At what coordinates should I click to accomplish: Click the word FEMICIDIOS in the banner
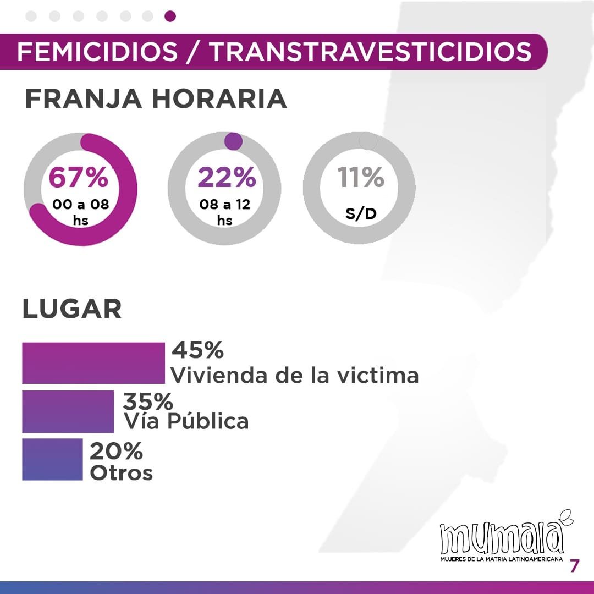98,52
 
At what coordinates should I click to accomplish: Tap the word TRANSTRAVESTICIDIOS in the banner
371,52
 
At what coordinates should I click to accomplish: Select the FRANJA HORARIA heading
156,99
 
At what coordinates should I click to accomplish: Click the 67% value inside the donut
79,178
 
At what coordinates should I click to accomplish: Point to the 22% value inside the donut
227,178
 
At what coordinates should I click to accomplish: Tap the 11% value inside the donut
361,178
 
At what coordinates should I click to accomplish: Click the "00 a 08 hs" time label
80,212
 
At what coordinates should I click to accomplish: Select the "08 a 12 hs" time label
224,212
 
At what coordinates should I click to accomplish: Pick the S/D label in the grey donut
361,213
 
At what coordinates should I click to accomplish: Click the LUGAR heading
71,309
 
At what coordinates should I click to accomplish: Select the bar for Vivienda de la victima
94,363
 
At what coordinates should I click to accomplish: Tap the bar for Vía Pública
68,411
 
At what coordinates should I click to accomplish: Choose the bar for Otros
52,459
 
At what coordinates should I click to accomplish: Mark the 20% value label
116,452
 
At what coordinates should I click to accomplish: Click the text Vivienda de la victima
295,375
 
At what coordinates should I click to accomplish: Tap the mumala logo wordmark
502,538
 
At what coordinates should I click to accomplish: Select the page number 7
574,566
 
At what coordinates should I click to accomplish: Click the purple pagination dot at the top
170,16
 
